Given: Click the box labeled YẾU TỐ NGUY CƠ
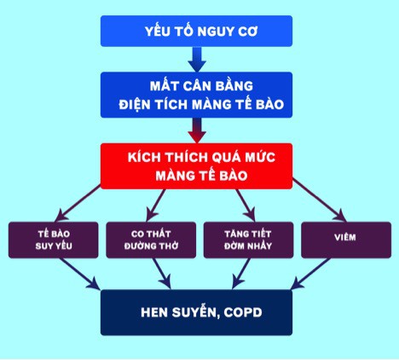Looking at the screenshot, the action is pyautogui.click(x=196, y=31).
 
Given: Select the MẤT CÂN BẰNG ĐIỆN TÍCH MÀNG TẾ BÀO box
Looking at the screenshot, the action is pyautogui.click(x=196, y=95).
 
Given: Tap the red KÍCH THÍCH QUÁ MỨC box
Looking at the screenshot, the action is pyautogui.click(x=196, y=166).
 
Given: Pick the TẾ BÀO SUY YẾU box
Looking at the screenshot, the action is pyautogui.click(x=54, y=240).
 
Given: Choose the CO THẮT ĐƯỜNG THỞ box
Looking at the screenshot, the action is pyautogui.click(x=151, y=240).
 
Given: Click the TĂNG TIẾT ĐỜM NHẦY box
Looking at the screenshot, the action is pyautogui.click(x=248, y=240).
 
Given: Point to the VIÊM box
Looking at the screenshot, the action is pyautogui.click(x=346, y=240).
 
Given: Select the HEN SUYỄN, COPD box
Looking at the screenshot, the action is pyautogui.click(x=196, y=312).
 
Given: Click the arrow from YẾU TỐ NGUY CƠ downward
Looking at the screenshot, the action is pyautogui.click(x=197, y=59).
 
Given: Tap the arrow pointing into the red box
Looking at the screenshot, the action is pyautogui.click(x=197, y=131).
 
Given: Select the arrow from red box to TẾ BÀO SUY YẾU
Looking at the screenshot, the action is pyautogui.click(x=78, y=203).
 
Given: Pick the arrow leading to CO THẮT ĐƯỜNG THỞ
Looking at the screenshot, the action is pyautogui.click(x=155, y=206).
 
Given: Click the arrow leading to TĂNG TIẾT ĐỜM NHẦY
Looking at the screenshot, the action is pyautogui.click(x=246, y=206).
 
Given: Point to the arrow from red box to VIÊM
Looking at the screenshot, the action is pyautogui.click(x=320, y=200).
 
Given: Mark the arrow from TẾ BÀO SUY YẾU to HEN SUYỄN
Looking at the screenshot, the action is pyautogui.click(x=79, y=274).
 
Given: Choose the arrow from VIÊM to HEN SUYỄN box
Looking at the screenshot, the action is pyautogui.click(x=311, y=274).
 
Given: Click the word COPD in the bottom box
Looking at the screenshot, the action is pyautogui.click(x=243, y=312).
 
